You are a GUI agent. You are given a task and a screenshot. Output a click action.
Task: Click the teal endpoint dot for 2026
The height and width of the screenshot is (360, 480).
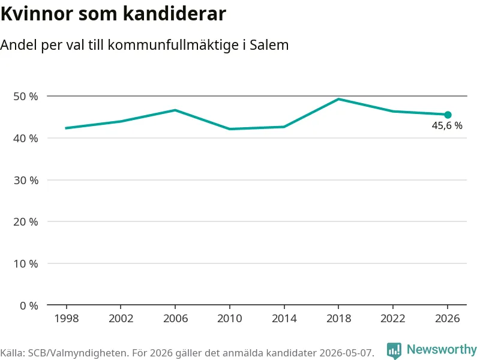pos(448,115)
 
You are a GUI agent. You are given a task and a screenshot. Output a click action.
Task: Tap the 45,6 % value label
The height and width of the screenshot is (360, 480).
pos(447,125)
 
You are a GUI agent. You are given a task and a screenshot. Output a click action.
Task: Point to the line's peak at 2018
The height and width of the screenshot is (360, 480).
pos(338,99)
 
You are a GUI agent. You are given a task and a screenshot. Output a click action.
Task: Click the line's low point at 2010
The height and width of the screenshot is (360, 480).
pos(230,129)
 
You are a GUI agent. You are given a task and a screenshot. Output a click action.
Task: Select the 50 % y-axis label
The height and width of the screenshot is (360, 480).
pos(26,97)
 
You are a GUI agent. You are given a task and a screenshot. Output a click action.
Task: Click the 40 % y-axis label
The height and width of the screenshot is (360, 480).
pos(26,139)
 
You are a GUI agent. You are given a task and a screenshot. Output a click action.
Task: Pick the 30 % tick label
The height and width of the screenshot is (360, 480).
pos(26,181)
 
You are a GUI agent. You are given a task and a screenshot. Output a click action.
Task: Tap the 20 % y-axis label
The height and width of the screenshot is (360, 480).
pos(26,221)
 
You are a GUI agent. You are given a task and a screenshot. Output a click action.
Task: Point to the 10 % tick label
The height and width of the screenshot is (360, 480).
pos(26,263)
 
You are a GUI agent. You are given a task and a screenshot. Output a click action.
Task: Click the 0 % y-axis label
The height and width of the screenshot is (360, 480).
pos(29,305)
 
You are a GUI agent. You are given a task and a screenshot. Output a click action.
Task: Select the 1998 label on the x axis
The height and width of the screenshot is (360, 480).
pos(67,319)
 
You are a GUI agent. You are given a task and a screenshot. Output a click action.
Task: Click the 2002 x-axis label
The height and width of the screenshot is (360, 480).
pos(121,319)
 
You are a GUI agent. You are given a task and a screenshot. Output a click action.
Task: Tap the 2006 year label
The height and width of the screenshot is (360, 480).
pos(175,319)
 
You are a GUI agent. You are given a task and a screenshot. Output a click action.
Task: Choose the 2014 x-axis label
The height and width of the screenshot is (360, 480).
pos(284,319)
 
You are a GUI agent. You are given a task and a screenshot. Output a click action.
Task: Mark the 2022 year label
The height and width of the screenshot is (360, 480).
pos(393,319)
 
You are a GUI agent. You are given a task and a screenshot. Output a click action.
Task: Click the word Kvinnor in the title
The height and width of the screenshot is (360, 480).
pos(37,14)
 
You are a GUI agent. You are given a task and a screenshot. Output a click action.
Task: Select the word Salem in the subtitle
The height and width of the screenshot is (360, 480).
pos(269,44)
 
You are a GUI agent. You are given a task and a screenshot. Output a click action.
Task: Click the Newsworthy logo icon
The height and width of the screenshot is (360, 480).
pos(394,350)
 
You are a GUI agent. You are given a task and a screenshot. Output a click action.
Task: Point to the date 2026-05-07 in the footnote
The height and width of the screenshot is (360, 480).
pos(346,353)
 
